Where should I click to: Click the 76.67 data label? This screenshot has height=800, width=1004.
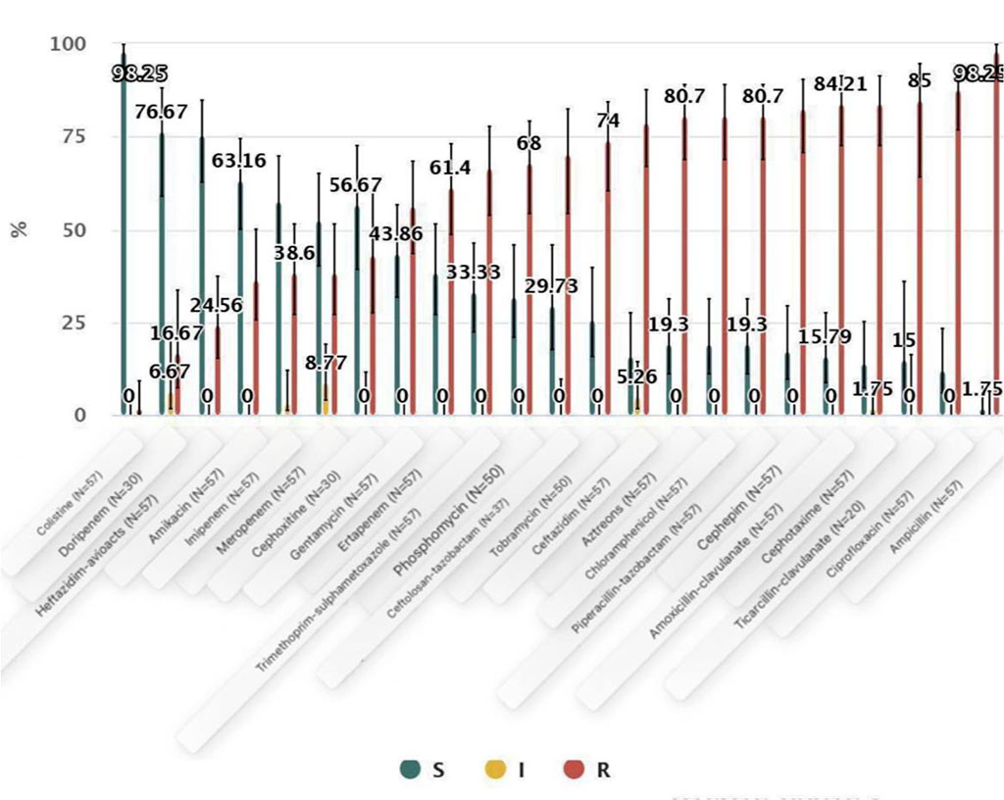click(161, 114)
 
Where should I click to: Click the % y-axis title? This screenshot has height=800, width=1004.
click(19, 228)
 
